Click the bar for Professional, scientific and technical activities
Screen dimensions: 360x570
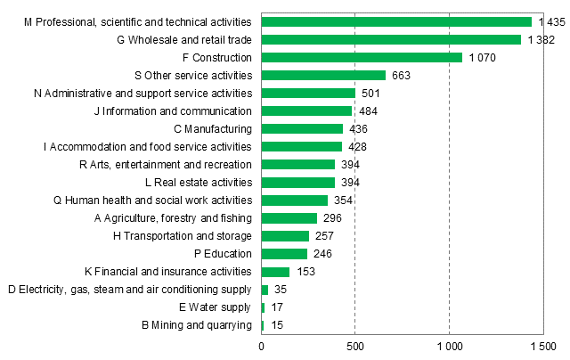[x=396, y=21]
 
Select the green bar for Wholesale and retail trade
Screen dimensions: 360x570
[x=391, y=39]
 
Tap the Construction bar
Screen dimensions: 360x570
[x=362, y=57]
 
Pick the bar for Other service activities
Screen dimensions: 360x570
[x=323, y=75]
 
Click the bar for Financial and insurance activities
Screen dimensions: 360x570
[x=275, y=271]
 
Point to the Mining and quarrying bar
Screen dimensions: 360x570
[x=263, y=325]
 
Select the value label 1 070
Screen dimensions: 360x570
[x=482, y=57]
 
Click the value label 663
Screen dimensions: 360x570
[x=401, y=75]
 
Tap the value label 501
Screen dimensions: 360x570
[x=370, y=93]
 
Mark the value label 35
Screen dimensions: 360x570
[x=280, y=290]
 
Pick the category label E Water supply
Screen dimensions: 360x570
[x=214, y=307]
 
